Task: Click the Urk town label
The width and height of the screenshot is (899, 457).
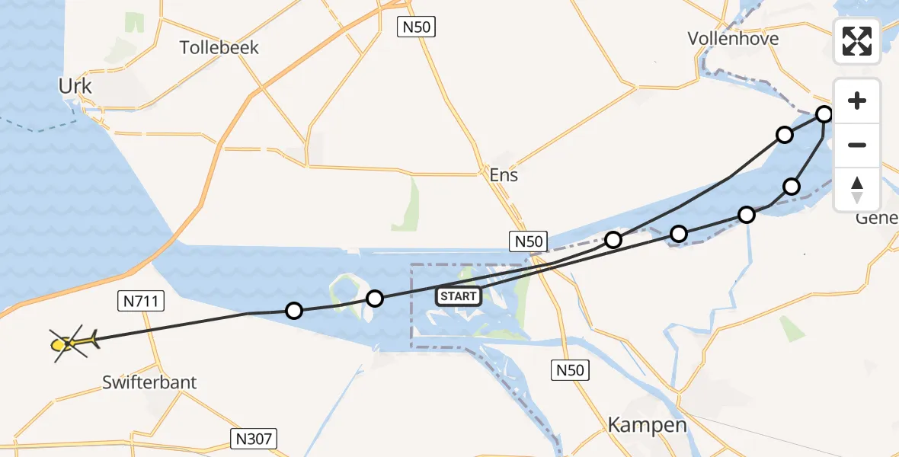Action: coord(75,87)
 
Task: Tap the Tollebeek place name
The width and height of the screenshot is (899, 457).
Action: coord(219,47)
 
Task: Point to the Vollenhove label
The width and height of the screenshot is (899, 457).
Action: coord(733,38)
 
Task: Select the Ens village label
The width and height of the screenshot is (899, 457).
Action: coord(504,175)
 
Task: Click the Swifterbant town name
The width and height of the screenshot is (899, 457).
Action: coord(149,382)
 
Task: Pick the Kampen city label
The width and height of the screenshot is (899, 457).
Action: coord(648,425)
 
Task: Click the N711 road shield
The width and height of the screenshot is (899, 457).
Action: coord(140,302)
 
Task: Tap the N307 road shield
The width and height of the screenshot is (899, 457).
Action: coord(254,439)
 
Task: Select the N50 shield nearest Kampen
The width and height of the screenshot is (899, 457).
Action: coord(570,371)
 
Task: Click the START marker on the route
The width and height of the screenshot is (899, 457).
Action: coord(459,296)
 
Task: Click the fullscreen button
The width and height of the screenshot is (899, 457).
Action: coord(857,41)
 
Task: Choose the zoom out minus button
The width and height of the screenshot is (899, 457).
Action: coord(857,145)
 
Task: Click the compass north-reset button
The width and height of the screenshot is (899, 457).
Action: coord(857,189)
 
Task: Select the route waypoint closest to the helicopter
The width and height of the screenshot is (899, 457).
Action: coord(294,311)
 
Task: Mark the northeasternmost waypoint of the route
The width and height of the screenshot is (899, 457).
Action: coord(824,115)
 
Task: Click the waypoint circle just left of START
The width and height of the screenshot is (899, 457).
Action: coord(374,299)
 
